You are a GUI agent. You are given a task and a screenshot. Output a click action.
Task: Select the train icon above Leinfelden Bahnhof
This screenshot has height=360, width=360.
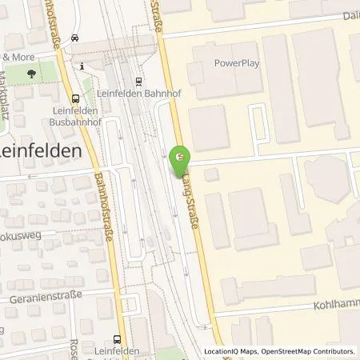point(138,80)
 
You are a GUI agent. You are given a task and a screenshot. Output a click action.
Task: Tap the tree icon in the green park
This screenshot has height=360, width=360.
point(31,73)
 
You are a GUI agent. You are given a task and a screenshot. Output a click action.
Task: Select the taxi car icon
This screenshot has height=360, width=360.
point(74,37)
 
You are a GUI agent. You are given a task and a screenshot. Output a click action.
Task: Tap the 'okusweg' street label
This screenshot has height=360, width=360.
point(21,238)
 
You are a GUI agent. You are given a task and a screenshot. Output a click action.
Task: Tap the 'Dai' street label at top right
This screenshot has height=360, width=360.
point(349,16)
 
